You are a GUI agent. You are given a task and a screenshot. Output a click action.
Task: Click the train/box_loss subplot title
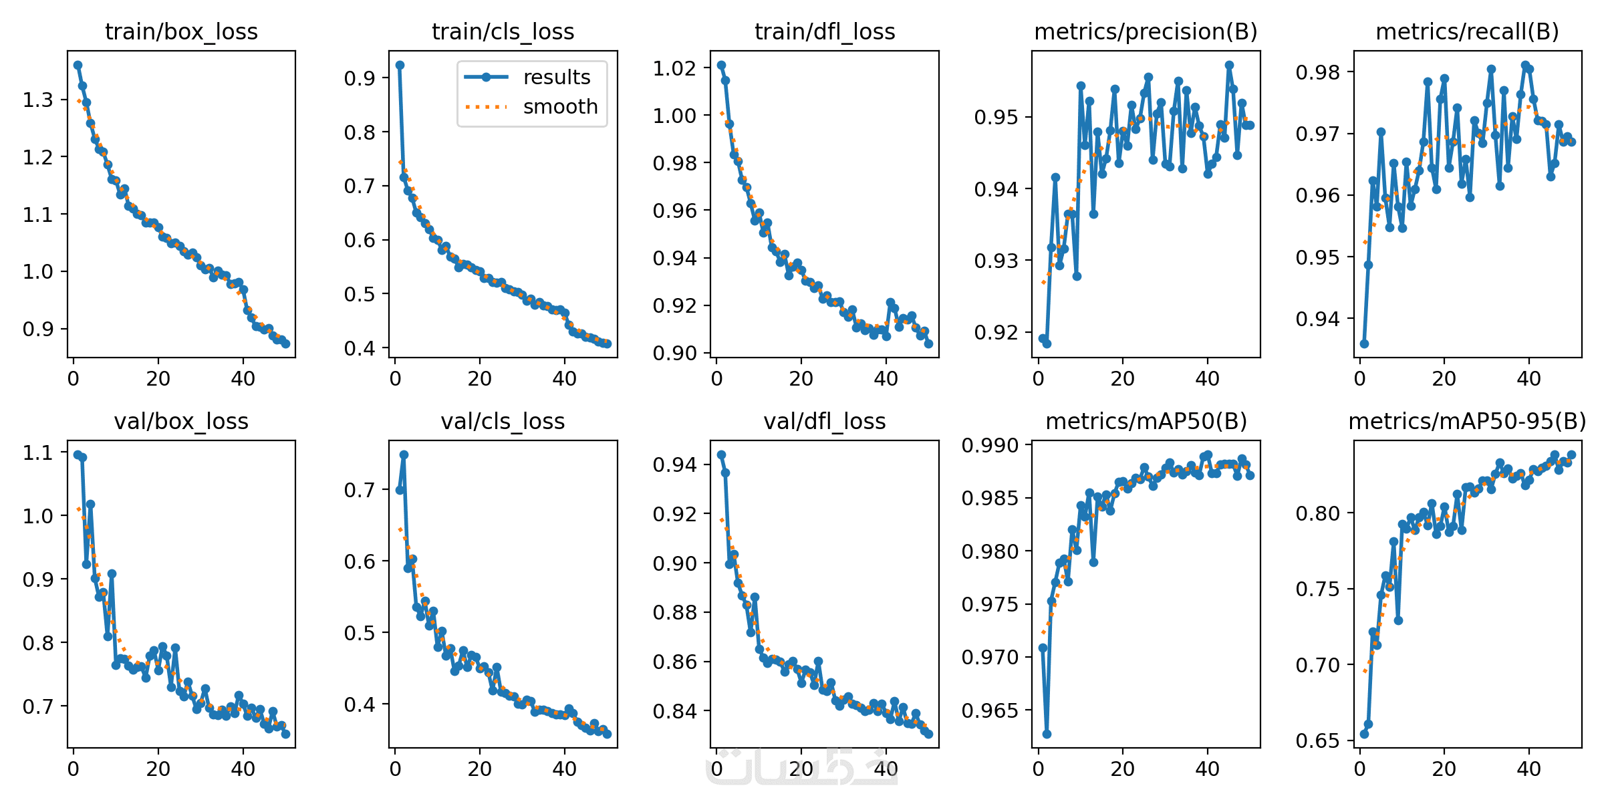(x=181, y=31)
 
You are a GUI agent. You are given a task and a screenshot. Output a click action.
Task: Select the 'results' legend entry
(x=556, y=78)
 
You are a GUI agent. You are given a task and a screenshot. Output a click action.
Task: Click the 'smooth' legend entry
(x=560, y=107)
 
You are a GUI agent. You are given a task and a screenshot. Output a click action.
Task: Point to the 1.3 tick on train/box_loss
(x=37, y=100)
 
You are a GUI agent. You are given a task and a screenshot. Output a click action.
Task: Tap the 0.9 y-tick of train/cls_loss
(x=359, y=78)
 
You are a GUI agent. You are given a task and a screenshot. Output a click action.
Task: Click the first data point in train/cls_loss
(x=400, y=65)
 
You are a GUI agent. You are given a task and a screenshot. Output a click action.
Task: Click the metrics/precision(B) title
(x=1146, y=31)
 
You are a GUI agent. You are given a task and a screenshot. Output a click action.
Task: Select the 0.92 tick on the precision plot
(x=995, y=332)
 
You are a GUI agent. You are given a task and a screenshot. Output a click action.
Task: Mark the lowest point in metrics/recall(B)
(x=1364, y=344)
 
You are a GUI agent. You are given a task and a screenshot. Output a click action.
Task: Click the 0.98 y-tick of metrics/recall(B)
(x=1317, y=72)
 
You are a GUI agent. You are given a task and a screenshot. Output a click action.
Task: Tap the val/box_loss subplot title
(x=181, y=421)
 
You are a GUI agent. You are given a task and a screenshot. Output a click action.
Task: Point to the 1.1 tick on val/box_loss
(x=37, y=453)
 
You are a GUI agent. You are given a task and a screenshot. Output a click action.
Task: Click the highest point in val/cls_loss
(x=404, y=454)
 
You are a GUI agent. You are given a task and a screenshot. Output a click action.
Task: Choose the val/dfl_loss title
(x=824, y=421)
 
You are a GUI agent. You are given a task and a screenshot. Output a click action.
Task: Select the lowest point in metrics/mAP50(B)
(x=1047, y=734)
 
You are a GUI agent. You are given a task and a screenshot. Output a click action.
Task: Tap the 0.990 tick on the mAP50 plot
(x=990, y=446)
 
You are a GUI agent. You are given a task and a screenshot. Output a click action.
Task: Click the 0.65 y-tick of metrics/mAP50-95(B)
(x=1317, y=741)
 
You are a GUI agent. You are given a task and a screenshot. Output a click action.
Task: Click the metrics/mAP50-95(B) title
(x=1467, y=421)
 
